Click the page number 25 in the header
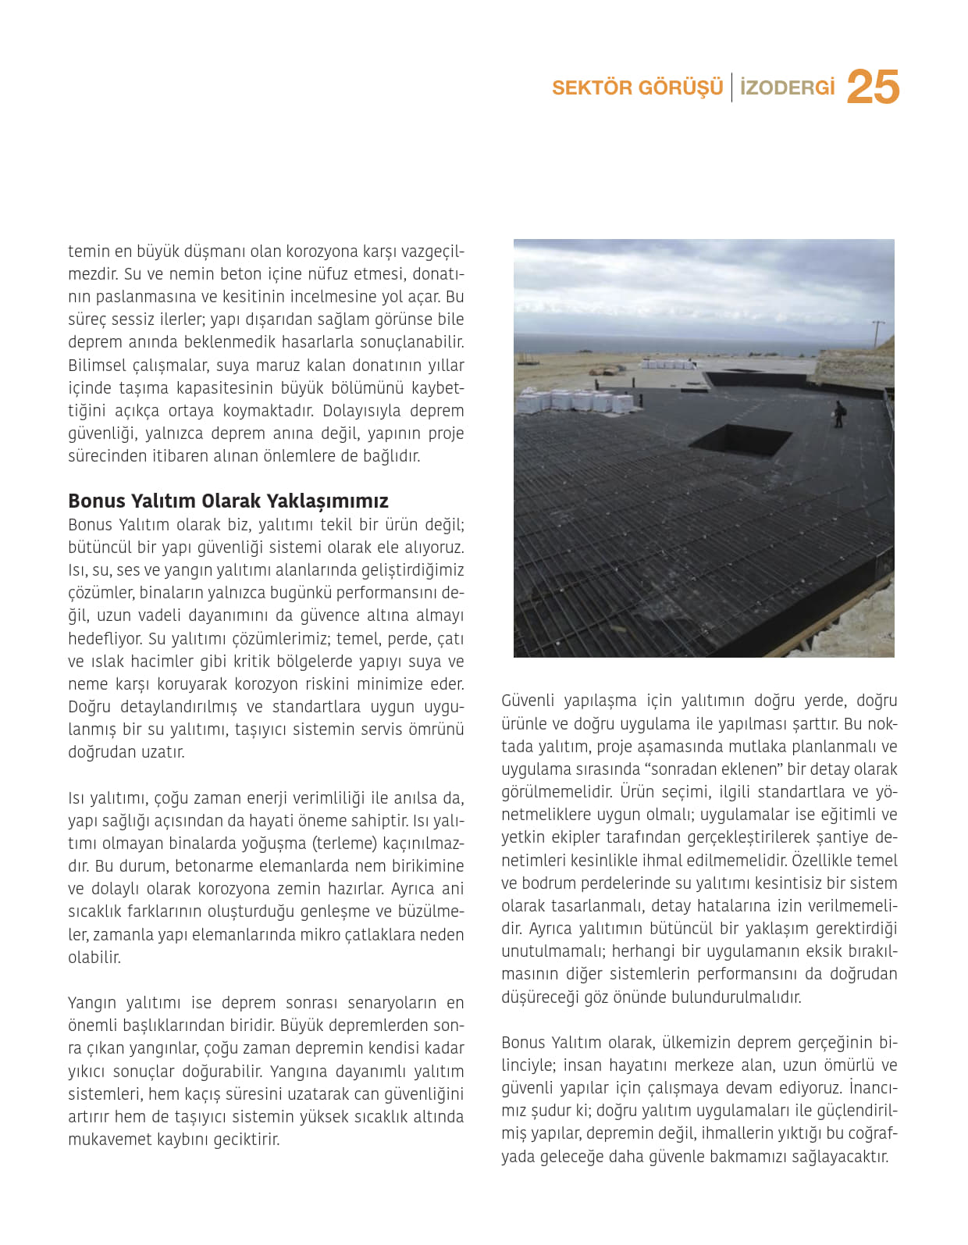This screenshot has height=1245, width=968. point(873,87)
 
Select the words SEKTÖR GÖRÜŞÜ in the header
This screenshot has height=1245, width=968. point(637,87)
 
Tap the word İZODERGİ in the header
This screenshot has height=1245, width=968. point(787,87)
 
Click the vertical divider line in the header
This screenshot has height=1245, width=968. point(731,87)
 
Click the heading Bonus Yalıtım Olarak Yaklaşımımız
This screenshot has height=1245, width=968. point(228,501)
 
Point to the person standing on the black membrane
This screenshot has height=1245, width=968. point(839,414)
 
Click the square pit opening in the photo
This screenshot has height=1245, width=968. point(740,441)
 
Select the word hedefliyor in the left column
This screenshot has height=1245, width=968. point(105,638)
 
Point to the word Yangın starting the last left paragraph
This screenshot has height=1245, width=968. point(92,1003)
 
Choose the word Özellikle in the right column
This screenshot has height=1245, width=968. point(821,860)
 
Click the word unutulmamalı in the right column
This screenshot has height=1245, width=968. point(552,951)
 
